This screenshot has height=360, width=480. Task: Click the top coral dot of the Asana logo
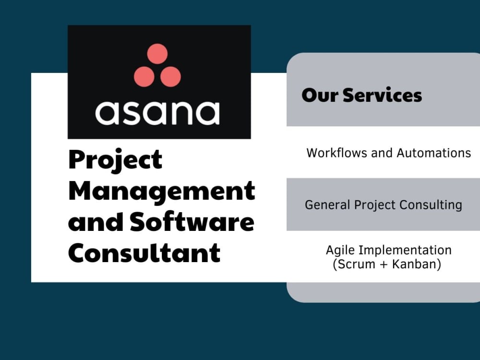pos(157,54)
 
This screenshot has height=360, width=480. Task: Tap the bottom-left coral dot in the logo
pos(144,76)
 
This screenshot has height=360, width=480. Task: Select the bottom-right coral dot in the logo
pos(170,76)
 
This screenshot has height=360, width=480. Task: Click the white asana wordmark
pos(157,112)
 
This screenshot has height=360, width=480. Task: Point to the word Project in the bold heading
pos(115,160)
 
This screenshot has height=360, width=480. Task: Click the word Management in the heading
pos(161,191)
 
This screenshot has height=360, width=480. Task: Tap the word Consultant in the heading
pos(144,252)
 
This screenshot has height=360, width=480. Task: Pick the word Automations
pos(433,153)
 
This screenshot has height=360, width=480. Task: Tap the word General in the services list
pos(328,205)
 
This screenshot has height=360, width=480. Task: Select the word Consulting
pos(433,205)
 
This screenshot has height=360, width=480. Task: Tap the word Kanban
pos(414,264)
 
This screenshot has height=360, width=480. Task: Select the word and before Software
pos(95,222)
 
